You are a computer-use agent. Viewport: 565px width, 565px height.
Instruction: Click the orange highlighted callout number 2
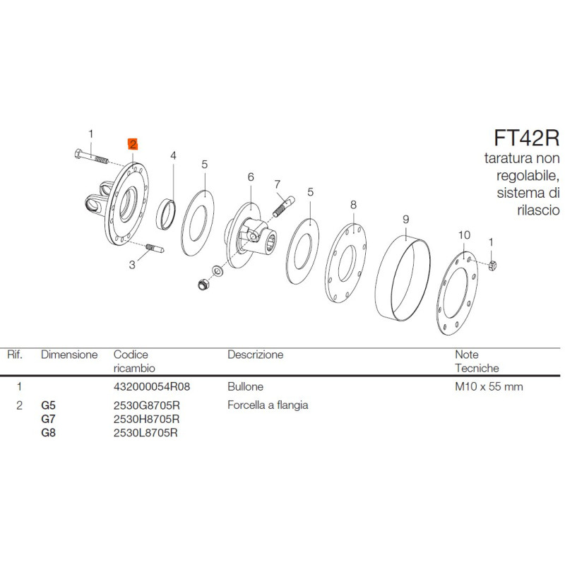(133, 145)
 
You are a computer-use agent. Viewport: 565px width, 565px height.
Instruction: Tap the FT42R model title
(526, 138)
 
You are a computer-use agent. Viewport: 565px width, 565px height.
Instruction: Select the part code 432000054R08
(152, 386)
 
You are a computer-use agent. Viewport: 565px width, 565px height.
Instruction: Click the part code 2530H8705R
(146, 419)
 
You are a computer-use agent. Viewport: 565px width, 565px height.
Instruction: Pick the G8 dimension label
(48, 432)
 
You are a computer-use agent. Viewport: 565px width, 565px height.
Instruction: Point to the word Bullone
(245, 386)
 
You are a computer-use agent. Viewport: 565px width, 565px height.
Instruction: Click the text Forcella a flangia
(268, 405)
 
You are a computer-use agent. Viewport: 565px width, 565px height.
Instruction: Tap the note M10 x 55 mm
(489, 386)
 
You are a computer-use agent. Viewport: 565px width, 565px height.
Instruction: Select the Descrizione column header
(256, 355)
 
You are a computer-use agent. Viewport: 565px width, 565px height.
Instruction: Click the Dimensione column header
(69, 355)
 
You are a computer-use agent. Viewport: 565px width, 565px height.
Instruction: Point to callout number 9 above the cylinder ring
(405, 220)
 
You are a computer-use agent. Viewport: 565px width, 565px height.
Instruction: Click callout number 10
(464, 235)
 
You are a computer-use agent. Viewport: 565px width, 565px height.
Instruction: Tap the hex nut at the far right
(492, 266)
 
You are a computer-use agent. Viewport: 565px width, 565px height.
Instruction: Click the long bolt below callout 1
(92, 157)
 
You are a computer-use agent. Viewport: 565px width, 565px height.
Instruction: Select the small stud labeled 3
(155, 249)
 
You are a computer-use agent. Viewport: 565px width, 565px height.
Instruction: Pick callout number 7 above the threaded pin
(277, 184)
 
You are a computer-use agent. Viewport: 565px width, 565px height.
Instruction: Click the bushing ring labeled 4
(166, 214)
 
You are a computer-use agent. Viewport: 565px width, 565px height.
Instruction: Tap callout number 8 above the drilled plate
(353, 205)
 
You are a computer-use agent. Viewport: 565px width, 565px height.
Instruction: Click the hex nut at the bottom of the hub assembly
(203, 285)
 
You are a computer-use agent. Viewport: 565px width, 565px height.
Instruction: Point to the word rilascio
(538, 210)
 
